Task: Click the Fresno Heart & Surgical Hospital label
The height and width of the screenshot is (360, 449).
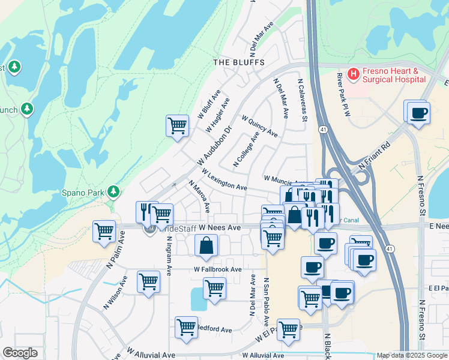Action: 394,75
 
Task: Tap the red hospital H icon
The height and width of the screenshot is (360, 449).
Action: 354,74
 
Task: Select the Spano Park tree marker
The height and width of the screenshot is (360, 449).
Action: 113,192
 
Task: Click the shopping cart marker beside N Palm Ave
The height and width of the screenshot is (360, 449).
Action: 104,230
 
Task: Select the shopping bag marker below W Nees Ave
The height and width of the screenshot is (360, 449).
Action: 206,245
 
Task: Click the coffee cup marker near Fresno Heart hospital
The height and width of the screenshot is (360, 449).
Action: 418,112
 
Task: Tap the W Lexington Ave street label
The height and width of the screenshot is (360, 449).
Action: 224,180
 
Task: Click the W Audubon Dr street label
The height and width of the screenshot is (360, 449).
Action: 214,146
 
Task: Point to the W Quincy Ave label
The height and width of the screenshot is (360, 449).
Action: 259,126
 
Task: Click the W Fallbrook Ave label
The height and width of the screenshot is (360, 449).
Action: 217,269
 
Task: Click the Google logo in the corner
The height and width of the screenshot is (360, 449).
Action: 20,353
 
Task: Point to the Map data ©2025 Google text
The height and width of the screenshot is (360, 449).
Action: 411,355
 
